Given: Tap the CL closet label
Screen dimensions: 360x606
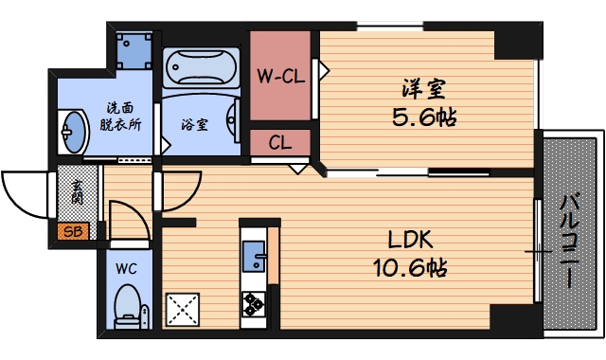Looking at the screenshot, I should pyautogui.click(x=279, y=144).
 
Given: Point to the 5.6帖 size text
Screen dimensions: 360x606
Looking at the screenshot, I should pyautogui.click(x=423, y=119).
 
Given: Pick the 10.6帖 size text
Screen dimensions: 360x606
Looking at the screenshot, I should pyautogui.click(x=409, y=268).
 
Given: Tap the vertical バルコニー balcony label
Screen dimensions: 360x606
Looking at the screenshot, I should pyautogui.click(x=570, y=241).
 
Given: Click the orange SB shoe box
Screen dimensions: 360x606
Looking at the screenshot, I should pyautogui.click(x=70, y=231).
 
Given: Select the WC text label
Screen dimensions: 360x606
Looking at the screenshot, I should pyautogui.click(x=126, y=268).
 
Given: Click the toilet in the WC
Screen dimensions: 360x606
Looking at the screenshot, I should pyautogui.click(x=126, y=305).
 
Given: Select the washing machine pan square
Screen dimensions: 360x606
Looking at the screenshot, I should pyautogui.click(x=134, y=48).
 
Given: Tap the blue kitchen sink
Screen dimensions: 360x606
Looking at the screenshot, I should pyautogui.click(x=253, y=256).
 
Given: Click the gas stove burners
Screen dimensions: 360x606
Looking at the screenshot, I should pyautogui.click(x=254, y=304).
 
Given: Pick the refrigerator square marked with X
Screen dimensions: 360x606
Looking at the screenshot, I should pyautogui.click(x=182, y=309).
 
